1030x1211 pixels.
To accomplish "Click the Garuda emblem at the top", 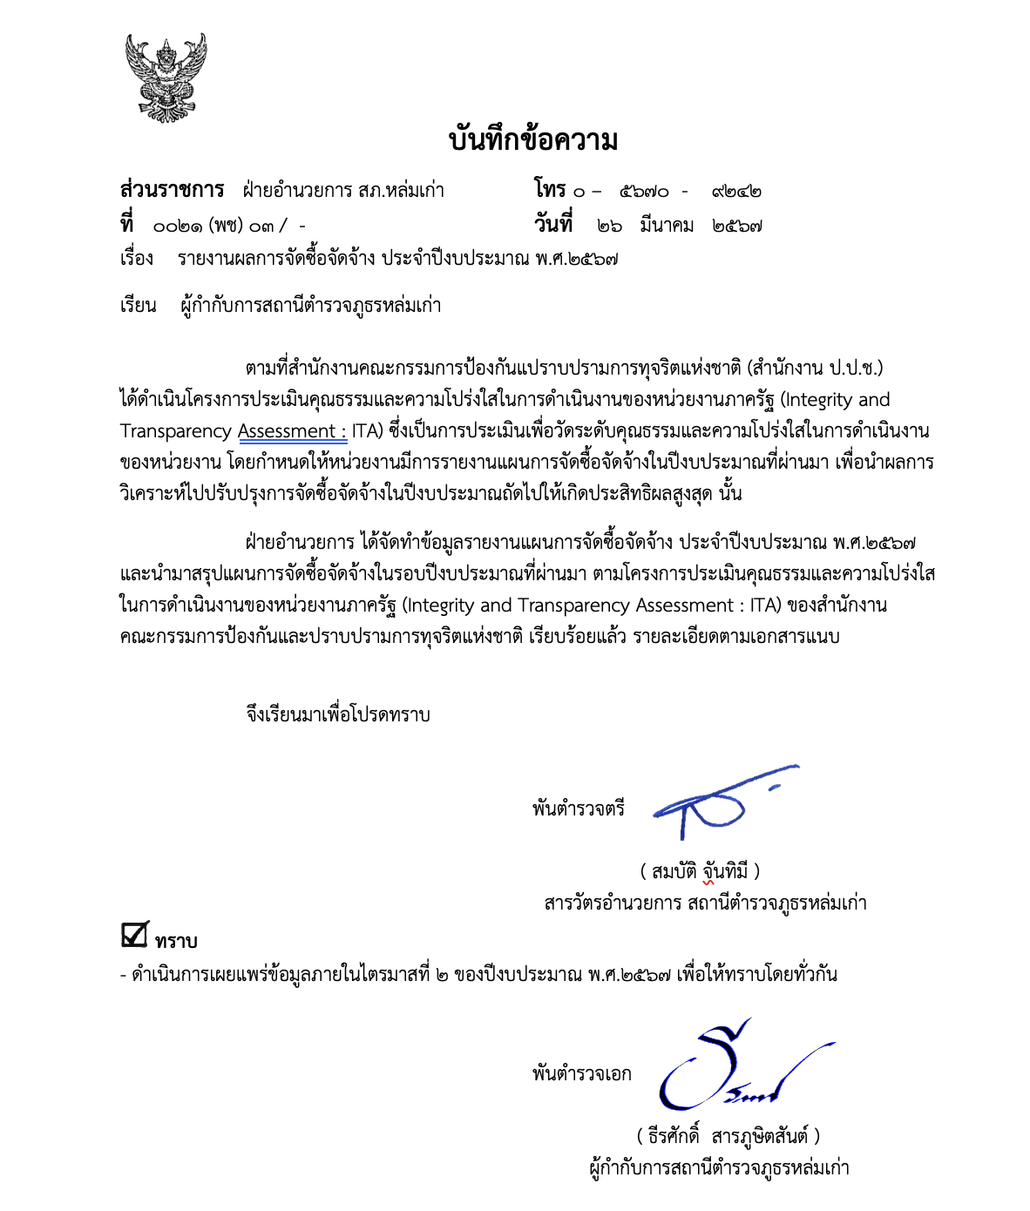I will [x=166, y=78].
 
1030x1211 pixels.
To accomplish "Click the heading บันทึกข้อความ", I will [x=533, y=140].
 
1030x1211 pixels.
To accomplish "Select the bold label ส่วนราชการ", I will [x=172, y=190].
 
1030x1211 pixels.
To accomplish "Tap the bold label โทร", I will [x=550, y=189].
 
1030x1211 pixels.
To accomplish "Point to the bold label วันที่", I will [x=553, y=225].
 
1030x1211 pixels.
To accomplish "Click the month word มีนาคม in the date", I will [x=667, y=226].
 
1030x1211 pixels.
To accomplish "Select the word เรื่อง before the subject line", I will [x=137, y=259].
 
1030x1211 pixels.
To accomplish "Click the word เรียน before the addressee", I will [x=138, y=306].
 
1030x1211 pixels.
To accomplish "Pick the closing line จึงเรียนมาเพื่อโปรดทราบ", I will [x=338, y=715].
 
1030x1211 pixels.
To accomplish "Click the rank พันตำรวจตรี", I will [x=579, y=808].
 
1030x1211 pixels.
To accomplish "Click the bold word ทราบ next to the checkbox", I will [x=177, y=942].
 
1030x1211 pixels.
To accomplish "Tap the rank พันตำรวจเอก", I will [x=581, y=1074].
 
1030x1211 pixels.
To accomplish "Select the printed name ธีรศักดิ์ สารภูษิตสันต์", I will [x=728, y=1136].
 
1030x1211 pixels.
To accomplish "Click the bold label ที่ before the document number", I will [x=127, y=225].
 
